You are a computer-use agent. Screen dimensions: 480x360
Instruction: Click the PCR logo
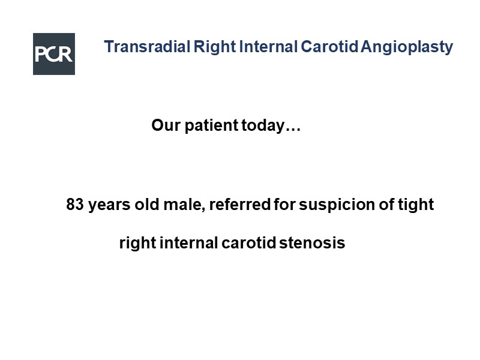pos(54,54)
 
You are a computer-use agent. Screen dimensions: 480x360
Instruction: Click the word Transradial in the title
pos(147,47)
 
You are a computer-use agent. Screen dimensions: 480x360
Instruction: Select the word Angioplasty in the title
pos(407,47)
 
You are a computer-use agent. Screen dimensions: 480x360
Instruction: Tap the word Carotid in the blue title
pos(329,47)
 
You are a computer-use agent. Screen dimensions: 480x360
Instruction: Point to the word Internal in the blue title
pos(268,47)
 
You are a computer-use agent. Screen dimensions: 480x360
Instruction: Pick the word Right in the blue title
pos(215,47)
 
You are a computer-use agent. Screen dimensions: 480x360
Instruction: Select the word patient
pos(211,126)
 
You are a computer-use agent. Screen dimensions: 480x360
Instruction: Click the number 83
pos(74,204)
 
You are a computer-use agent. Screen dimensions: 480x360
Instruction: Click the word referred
pos(239,204)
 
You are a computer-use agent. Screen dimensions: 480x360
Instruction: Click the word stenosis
pos(312,243)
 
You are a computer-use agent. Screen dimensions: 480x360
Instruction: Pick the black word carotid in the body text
pos(249,243)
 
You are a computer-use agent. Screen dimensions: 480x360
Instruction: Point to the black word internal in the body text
pos(188,243)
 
